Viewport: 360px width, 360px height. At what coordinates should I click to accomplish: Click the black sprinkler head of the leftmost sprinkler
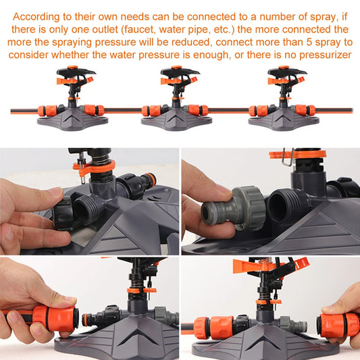point(76,73)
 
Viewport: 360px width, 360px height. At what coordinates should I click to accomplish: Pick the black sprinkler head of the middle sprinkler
point(180,73)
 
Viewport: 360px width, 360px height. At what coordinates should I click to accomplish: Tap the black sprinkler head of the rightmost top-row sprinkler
point(287,73)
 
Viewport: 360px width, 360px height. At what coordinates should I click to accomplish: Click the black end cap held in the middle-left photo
point(62,213)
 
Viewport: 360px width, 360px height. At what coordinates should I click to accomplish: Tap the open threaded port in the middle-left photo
point(85,211)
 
